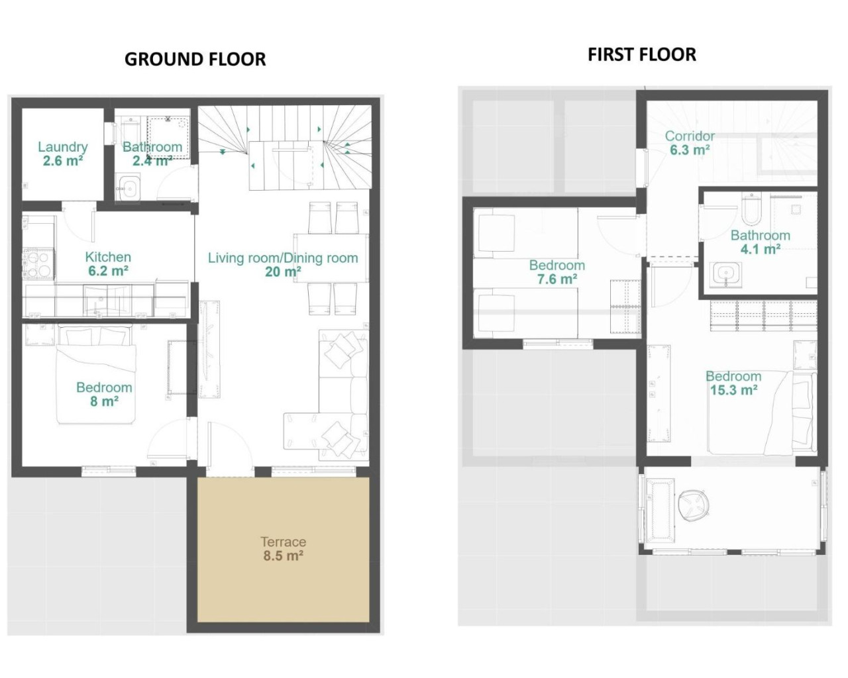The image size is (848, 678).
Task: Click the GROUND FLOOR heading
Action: pos(195,60)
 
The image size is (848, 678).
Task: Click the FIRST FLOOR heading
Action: pos(641,55)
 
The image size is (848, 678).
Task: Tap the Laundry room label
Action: pos(63,147)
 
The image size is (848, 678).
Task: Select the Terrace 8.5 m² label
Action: pos(283,549)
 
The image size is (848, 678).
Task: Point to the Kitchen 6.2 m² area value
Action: pos(108,271)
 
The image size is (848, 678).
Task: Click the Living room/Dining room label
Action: pos(283,258)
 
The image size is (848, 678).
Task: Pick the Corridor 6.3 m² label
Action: pos(690,142)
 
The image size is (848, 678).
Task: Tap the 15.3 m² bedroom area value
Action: pos(733,390)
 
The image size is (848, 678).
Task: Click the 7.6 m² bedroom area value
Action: pos(556,279)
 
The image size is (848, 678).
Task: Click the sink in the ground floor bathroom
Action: pos(129,189)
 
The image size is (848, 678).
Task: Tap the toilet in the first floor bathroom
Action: pos(749,209)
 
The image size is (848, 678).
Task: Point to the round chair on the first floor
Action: pos(693,507)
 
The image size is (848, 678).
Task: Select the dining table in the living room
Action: pos(331,258)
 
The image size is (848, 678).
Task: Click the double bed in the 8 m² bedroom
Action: pos(96,374)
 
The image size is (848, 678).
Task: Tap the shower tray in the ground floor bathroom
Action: pos(168,137)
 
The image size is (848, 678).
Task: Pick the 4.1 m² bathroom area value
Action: pos(760,249)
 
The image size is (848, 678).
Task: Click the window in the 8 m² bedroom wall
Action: pos(109,471)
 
